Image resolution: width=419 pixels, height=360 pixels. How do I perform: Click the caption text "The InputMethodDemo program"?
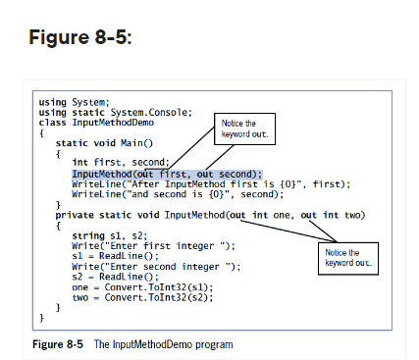pos(163,344)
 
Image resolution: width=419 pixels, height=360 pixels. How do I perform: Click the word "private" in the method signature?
pos(75,214)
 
